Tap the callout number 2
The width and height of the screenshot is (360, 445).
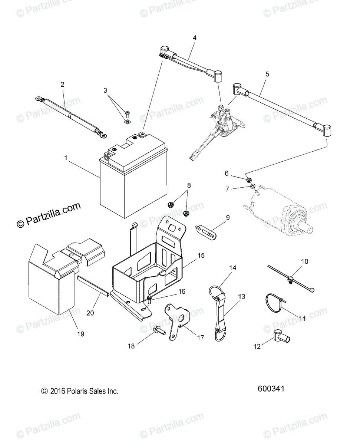coord(62,85)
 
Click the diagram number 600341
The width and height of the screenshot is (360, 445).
coord(271,389)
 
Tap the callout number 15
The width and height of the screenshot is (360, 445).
coord(201,256)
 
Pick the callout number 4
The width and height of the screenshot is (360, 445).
coord(195,38)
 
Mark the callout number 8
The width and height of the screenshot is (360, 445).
coord(189,185)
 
